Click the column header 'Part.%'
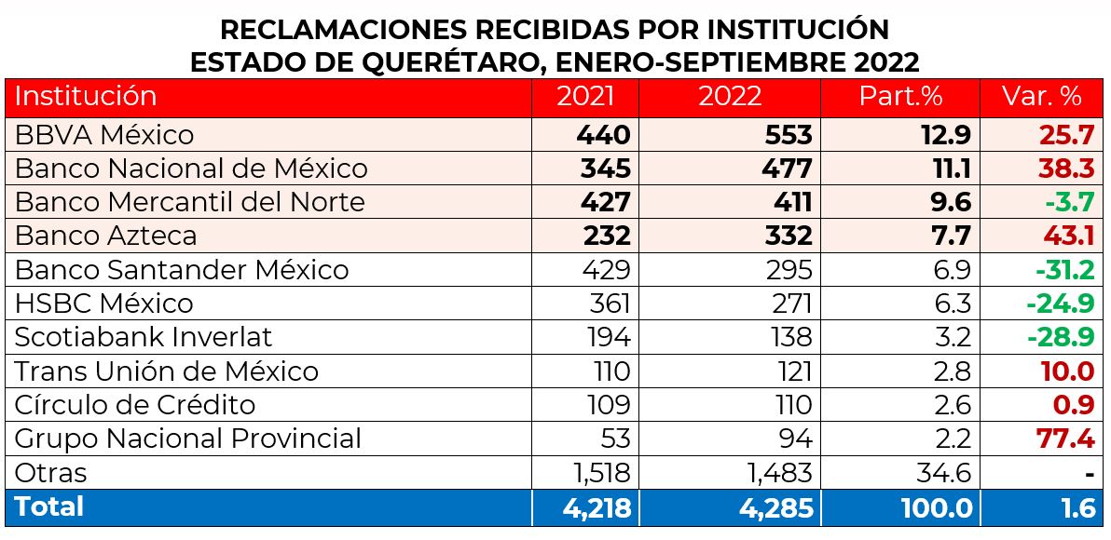pos(900,96)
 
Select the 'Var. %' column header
pos(1041,96)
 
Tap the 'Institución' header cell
pos(86,96)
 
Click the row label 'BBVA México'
pos(104,135)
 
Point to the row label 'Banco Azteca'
pos(106,236)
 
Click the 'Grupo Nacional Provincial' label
pos(187,439)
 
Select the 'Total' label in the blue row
pos(48,506)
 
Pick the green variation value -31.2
pos(1063,270)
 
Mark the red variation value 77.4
pos(1066,439)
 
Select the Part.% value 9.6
pos(949,202)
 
